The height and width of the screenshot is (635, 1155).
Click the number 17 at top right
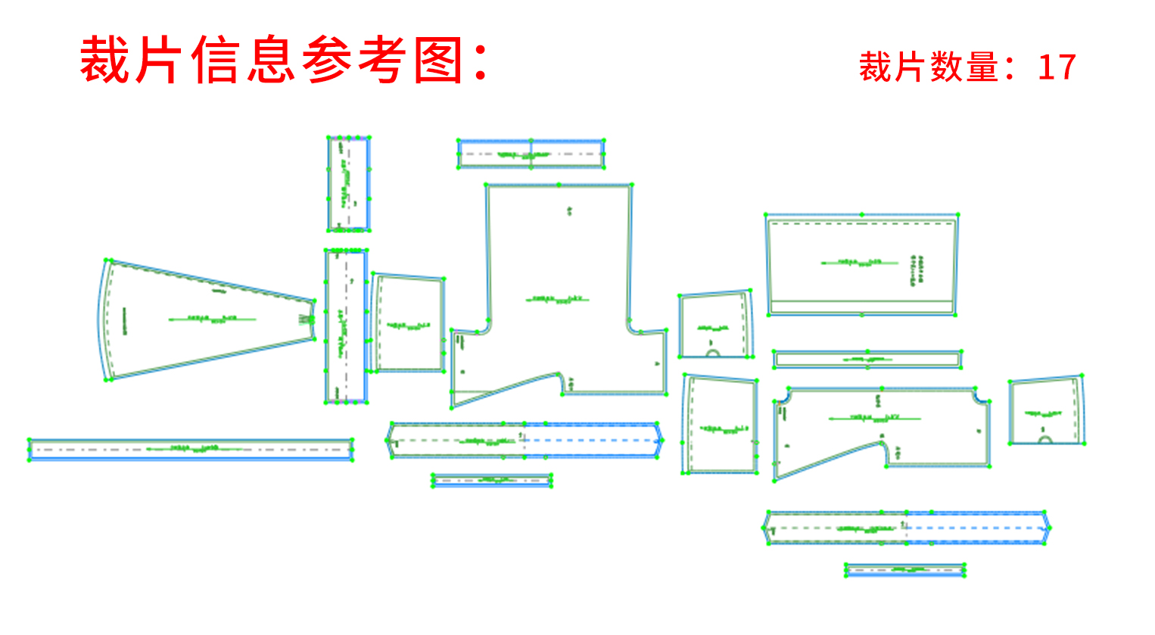point(1057,67)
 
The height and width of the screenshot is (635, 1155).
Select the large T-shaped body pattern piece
point(560,303)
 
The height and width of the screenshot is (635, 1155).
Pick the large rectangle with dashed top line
point(862,265)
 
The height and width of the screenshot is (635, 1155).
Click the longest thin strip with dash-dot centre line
point(191,450)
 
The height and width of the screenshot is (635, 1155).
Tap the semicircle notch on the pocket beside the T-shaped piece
point(713,353)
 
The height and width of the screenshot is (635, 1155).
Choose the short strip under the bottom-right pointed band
point(905,570)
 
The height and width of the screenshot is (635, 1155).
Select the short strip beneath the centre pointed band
point(491,480)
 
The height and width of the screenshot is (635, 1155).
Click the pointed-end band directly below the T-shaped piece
point(524,440)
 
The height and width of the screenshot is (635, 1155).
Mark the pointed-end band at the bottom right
point(906,528)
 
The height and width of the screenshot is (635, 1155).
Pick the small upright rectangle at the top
point(348,184)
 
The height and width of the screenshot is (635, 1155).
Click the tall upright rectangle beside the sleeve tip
point(347,325)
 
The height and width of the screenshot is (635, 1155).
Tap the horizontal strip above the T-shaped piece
point(531,154)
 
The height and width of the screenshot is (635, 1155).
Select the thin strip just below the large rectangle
point(867,359)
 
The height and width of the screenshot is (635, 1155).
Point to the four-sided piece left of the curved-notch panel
point(720,425)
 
